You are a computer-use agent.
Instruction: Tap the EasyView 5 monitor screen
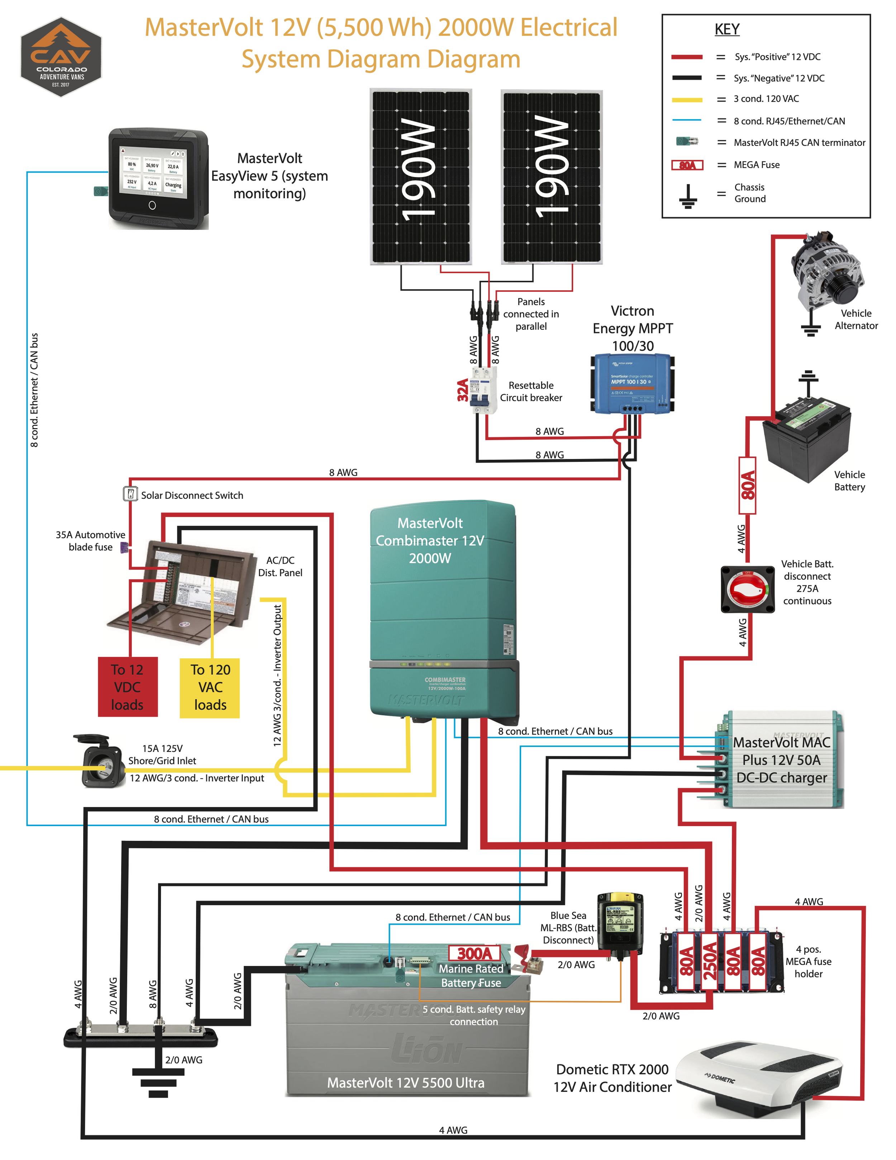(x=153, y=172)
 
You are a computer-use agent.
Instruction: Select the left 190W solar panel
(x=420, y=176)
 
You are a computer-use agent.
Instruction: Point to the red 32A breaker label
(x=463, y=390)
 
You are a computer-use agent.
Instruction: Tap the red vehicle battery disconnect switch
(x=747, y=590)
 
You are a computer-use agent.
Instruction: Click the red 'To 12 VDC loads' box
(x=127, y=687)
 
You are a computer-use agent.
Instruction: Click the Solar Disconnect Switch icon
(x=130, y=494)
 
